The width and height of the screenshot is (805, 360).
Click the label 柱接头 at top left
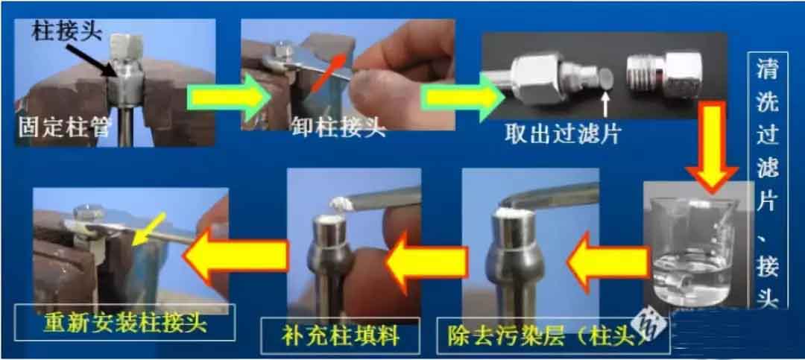(x=67, y=33)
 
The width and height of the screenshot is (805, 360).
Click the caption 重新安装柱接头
(x=124, y=323)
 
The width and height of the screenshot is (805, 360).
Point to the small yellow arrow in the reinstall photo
(x=149, y=230)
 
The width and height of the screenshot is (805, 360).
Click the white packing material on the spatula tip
(x=341, y=204)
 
